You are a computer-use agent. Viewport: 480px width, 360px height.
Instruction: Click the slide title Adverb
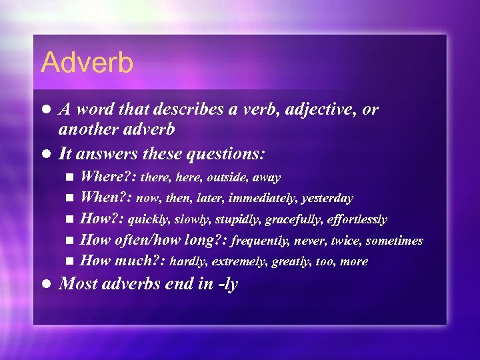(87, 63)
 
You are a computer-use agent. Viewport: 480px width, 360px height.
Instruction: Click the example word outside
(225, 178)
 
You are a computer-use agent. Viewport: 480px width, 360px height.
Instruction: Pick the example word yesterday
(327, 199)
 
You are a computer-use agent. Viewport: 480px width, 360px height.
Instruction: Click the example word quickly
(147, 219)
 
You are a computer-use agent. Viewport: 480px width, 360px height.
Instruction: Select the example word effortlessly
(358, 219)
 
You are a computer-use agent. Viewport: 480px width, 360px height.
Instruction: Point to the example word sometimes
(394, 241)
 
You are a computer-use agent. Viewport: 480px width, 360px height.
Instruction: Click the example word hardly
(185, 261)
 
